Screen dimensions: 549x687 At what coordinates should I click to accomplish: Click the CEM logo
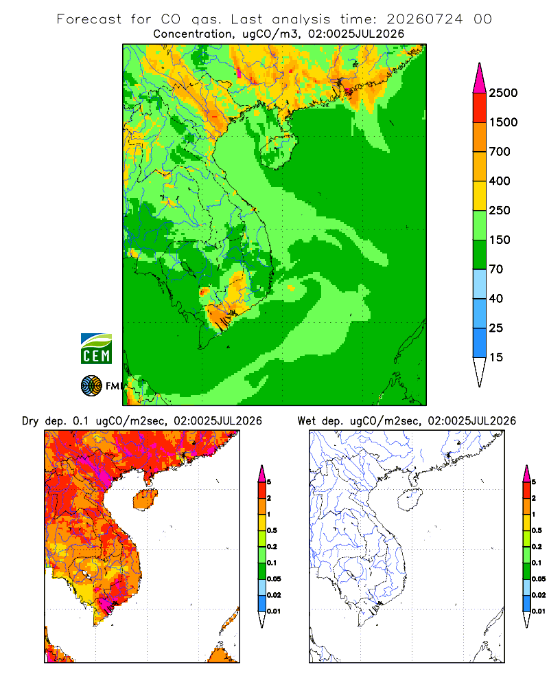[96, 349]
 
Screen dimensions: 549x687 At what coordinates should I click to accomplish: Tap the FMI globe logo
[91, 386]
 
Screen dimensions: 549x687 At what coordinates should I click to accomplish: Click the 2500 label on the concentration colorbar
[503, 93]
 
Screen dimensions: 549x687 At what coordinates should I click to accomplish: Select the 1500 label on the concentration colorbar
[503, 122]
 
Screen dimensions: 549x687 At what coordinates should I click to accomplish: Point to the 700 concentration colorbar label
[500, 152]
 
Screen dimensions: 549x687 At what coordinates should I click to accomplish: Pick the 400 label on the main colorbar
[500, 181]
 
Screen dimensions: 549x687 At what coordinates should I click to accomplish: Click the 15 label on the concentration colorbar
[496, 357]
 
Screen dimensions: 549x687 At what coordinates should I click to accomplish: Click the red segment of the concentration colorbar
[480, 107]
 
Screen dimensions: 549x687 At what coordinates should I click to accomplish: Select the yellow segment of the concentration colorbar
[480, 195]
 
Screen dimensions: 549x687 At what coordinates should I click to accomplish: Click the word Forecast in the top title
[89, 19]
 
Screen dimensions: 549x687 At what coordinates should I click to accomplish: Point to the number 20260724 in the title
[424, 19]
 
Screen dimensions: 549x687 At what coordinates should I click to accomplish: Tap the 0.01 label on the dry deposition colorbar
[274, 611]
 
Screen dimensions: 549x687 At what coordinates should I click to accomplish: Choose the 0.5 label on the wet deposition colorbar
[537, 530]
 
